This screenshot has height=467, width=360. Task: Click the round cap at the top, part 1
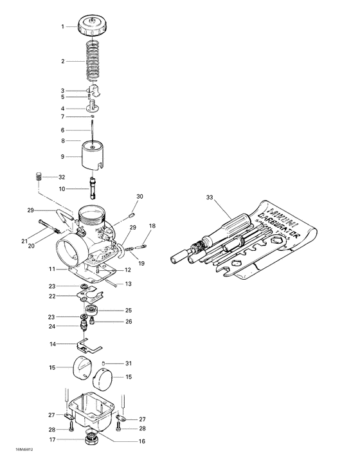coord(92,26)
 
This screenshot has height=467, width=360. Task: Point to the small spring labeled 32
coord(38,176)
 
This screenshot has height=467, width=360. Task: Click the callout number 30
coord(140,196)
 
